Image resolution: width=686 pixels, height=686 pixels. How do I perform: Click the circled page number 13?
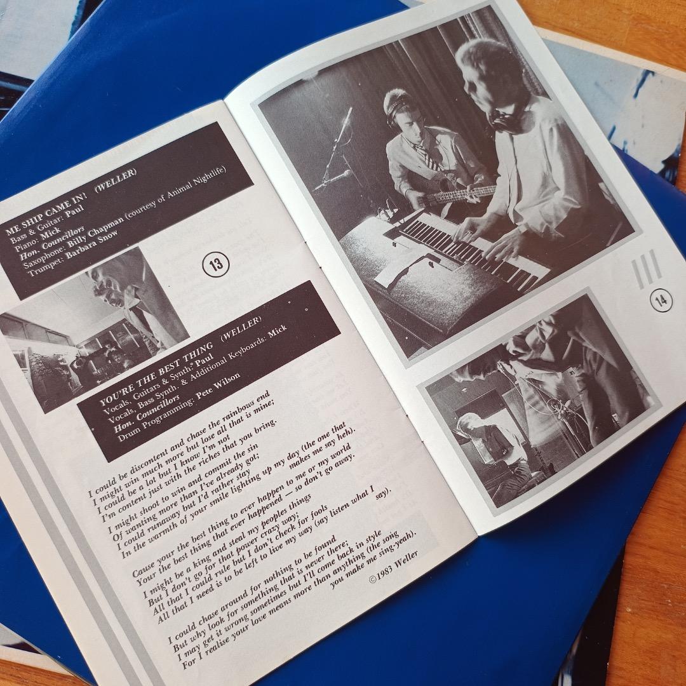click(x=216, y=264)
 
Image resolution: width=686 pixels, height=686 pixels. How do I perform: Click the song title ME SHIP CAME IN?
click(x=47, y=215)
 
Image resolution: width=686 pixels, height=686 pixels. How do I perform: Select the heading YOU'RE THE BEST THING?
click(x=156, y=375)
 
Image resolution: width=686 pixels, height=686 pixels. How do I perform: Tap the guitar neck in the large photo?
click(x=464, y=193)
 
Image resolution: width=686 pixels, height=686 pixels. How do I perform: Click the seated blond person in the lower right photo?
click(x=490, y=442)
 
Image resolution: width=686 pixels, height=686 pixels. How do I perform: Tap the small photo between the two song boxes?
click(x=94, y=330)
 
